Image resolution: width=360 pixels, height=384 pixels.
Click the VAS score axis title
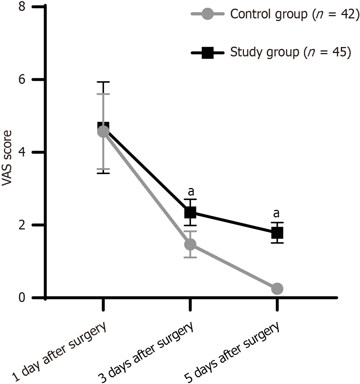pyautogui.click(x=7, y=158)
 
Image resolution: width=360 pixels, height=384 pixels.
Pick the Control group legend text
pyautogui.click(x=292, y=15)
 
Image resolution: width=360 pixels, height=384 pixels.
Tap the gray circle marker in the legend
pyautogui.click(x=207, y=15)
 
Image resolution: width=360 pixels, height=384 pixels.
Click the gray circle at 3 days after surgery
pyautogui.click(x=190, y=244)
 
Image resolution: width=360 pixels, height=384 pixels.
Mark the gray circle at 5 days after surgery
pyautogui.click(x=277, y=288)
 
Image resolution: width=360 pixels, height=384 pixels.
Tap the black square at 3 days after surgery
pyautogui.click(x=190, y=212)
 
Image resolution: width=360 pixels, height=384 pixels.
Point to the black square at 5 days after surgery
pyautogui.click(x=277, y=233)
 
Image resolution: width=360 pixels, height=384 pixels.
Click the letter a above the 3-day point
pyautogui.click(x=191, y=192)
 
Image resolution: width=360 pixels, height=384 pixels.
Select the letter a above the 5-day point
pyautogui.click(x=277, y=214)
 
